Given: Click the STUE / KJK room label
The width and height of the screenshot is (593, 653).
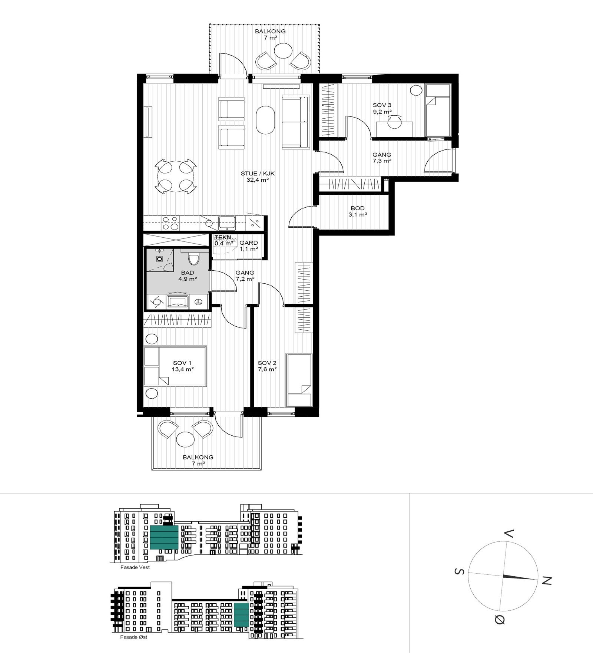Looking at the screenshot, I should coord(257,177).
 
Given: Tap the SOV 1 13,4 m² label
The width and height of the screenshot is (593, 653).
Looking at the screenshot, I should coord(182,366).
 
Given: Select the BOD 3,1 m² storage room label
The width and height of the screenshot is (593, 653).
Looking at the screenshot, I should coord(357,211).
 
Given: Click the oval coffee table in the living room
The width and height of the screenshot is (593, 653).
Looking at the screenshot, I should coord(265,120).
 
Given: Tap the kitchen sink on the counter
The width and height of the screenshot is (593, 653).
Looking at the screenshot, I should coord(226,222).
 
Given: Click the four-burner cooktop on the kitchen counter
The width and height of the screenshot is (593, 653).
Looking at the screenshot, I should coord(170,223).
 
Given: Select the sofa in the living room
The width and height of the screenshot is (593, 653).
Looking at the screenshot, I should coord(295,122).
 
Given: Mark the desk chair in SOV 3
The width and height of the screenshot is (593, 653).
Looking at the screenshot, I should coord(395,122).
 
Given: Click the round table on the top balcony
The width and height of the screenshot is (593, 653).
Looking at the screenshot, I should coord(284,51).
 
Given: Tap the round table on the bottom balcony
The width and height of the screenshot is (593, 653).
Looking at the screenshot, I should coord(185,439).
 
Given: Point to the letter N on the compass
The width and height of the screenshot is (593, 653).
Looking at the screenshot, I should coord(547,581).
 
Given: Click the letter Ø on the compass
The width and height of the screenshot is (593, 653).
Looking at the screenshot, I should coord(500,619).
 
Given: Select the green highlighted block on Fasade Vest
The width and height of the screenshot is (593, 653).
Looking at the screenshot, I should coord(164,537).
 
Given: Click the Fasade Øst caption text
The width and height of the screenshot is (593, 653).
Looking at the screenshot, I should coord(134,637).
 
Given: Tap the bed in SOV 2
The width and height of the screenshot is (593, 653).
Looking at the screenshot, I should coord(299,380).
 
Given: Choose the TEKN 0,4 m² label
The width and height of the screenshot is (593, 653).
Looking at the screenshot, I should coord(223,240).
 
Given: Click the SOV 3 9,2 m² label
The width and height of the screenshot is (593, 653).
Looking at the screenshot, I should coord(382,108).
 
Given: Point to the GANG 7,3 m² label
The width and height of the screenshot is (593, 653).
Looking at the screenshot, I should coord(382,158).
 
